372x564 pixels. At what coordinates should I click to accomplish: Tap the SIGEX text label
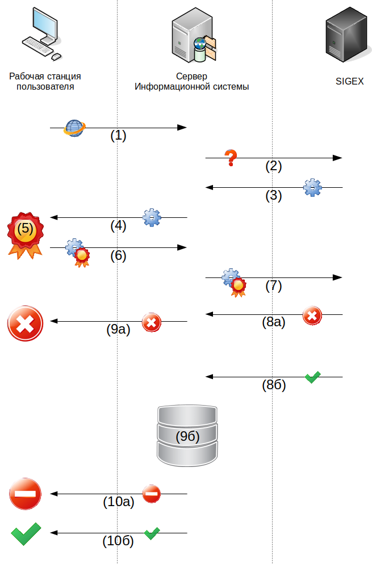point(349,82)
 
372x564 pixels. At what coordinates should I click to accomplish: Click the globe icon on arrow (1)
point(74,128)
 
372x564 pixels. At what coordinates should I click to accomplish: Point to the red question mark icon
point(230,158)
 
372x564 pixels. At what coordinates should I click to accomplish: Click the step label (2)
point(274,166)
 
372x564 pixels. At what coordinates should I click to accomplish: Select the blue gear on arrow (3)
point(312,187)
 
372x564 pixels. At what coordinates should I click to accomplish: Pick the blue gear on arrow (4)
point(152,217)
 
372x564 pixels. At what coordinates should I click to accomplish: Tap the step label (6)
point(118,256)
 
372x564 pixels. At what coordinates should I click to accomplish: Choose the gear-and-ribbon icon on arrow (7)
point(234,282)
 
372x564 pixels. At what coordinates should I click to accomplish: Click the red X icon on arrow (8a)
point(312,315)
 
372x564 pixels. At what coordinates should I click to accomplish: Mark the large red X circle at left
point(25,323)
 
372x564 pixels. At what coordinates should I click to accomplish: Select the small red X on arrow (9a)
point(151,322)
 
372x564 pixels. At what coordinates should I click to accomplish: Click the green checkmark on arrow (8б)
point(312,377)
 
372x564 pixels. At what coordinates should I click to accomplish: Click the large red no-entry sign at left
point(25,494)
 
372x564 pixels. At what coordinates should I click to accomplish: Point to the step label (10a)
point(119,502)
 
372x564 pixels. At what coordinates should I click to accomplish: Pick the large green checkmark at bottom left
point(26,533)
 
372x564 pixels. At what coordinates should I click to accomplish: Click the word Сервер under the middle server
point(192,76)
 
